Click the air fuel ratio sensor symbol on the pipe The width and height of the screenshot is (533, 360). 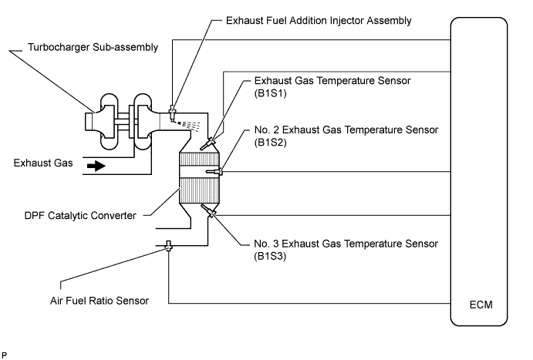click(x=168, y=247)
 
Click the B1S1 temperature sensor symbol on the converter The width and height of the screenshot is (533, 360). click(x=208, y=143)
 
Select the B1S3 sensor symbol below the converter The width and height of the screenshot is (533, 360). click(x=209, y=210)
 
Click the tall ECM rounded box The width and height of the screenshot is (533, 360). click(x=479, y=170)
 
